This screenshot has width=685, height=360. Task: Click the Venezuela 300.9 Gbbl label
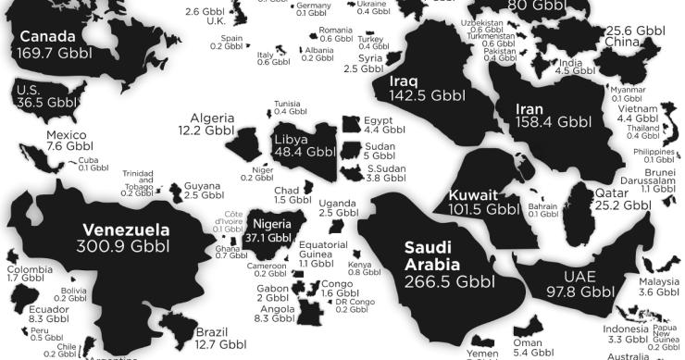click(x=126, y=239)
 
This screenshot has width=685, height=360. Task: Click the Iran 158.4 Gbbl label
click(x=552, y=114)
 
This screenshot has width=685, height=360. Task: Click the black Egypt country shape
click(x=350, y=125)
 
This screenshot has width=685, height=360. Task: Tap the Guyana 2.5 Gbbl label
click(x=204, y=191)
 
